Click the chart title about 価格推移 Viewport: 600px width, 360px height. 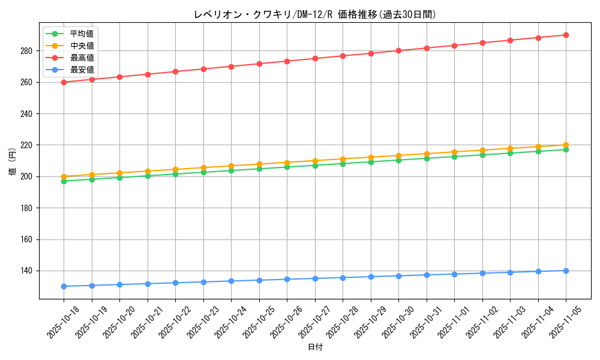pyautogui.click(x=315, y=14)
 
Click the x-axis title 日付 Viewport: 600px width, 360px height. pyautogui.click(x=315, y=347)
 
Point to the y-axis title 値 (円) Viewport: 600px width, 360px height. pyautogui.click(x=13, y=162)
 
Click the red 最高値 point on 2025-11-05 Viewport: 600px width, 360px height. pyautogui.click(x=566, y=35)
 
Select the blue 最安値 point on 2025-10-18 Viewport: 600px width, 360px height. pyautogui.click(x=64, y=286)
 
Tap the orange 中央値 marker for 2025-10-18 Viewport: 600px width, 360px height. pyautogui.click(x=64, y=176)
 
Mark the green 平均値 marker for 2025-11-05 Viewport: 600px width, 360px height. pyautogui.click(x=566, y=149)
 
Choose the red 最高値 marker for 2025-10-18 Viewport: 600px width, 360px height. pyautogui.click(x=64, y=82)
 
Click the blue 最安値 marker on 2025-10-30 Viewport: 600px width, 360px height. pyautogui.click(x=398, y=276)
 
